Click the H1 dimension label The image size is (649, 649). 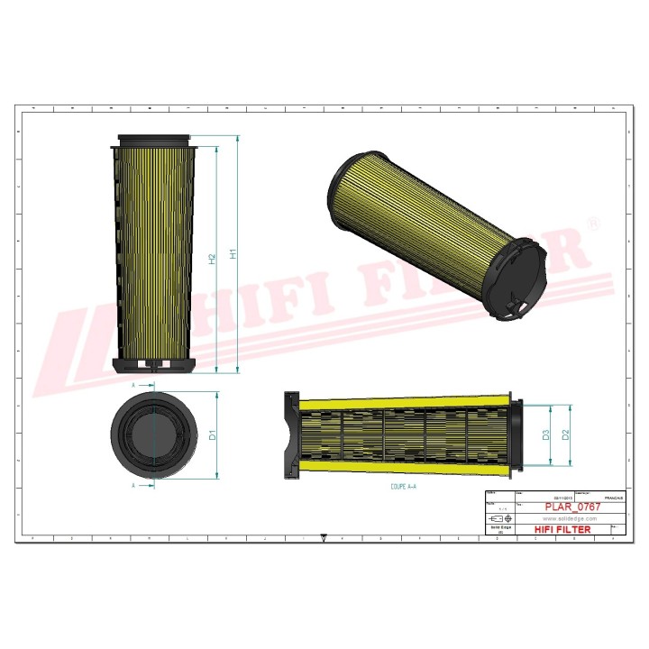(x=233, y=254)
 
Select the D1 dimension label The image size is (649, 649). (x=213, y=435)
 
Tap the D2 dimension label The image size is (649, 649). (x=566, y=435)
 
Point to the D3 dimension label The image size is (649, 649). (x=546, y=435)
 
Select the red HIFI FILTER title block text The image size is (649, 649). (x=562, y=529)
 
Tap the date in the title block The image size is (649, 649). (x=564, y=497)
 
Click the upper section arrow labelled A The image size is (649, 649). (x=135, y=386)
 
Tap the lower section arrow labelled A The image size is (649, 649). (x=135, y=485)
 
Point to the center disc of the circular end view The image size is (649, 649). (x=155, y=434)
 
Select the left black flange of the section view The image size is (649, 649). (x=290, y=434)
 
